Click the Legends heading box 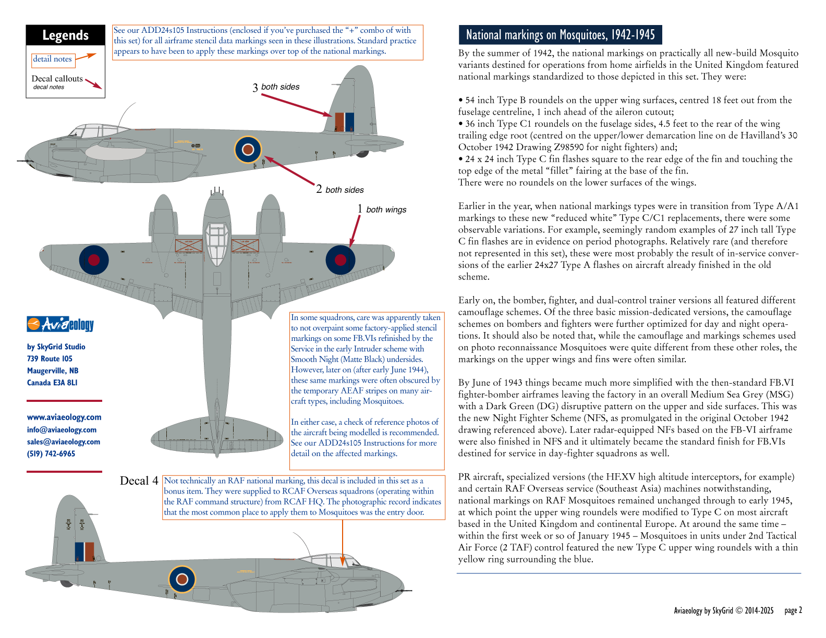[x=65, y=35]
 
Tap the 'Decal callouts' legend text [x=57, y=79]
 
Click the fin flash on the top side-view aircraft [x=344, y=121]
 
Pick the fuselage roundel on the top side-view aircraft [x=248, y=150]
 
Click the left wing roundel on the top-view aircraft [x=94, y=260]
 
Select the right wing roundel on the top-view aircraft [x=341, y=260]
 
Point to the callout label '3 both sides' [x=276, y=87]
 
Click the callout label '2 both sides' [x=340, y=190]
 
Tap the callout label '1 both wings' [x=382, y=210]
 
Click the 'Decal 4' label [x=139, y=481]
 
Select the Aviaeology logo [x=60, y=324]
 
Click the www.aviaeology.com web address [x=64, y=417]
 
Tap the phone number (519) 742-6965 [x=51, y=453]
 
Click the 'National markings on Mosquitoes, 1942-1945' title [x=560, y=35]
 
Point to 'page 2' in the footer [x=793, y=610]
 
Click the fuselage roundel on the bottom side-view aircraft [x=182, y=579]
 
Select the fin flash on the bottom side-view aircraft [x=84, y=552]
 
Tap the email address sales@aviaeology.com [x=64, y=441]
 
